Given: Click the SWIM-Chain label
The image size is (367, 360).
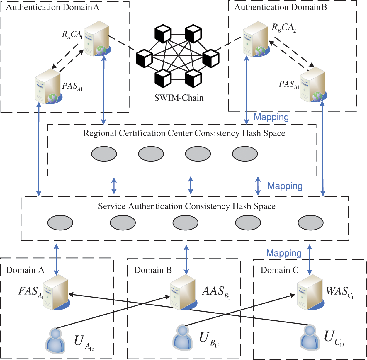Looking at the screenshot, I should tap(179, 98).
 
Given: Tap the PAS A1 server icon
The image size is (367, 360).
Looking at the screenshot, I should tap(48, 86).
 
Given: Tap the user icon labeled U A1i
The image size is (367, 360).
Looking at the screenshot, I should tap(55, 340).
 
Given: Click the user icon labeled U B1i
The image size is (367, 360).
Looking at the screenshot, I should tap(183, 337).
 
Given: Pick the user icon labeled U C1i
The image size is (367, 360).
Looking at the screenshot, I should tap(310, 337).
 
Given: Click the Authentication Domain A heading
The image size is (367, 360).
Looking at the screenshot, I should tap(52, 7).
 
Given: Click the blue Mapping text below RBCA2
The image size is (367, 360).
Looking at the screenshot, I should tap(271, 117).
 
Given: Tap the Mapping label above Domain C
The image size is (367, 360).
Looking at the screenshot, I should tap(284, 253).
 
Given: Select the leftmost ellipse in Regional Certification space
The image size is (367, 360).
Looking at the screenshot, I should tap(104, 154).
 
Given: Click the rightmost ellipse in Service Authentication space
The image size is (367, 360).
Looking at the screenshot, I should tap(310, 223).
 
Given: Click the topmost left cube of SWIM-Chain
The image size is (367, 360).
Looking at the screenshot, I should tap(163, 34).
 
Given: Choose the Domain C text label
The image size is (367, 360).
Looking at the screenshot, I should tap(279, 270).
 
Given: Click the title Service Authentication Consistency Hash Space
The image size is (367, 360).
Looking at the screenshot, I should tap(187, 206).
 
